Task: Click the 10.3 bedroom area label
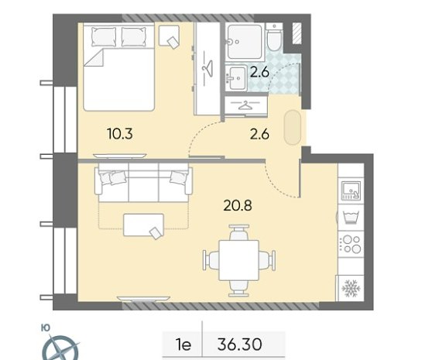click(x=120, y=134)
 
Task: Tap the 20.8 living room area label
click(x=238, y=205)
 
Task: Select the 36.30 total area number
click(x=240, y=345)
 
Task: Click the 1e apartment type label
click(x=183, y=345)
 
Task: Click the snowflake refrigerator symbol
click(x=351, y=288)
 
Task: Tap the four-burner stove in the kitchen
click(x=351, y=244)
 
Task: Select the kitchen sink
click(x=351, y=190)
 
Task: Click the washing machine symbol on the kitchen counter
click(x=351, y=218)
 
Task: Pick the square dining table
click(x=239, y=260)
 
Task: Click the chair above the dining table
click(x=239, y=232)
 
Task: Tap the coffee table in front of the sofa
click(x=144, y=225)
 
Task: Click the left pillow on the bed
click(x=104, y=36)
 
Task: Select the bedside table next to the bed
click(x=169, y=36)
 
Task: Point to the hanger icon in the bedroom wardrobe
click(x=207, y=68)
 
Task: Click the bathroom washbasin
click(x=236, y=78)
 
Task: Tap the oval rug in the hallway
click(x=293, y=128)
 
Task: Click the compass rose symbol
click(x=61, y=348)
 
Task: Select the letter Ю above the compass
click(x=46, y=327)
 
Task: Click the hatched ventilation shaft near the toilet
click(x=297, y=33)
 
